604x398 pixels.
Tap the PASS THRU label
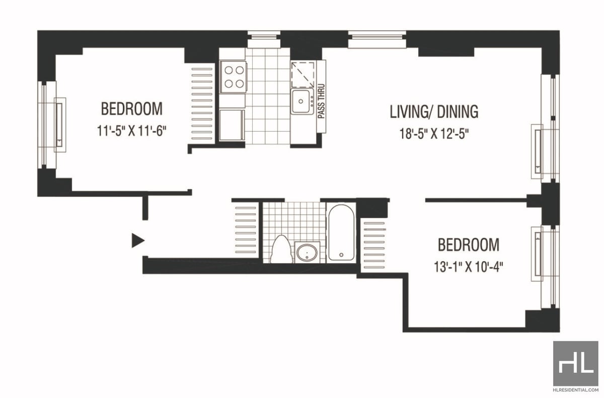pyautogui.click(x=321, y=101)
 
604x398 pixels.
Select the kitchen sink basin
pyautogui.click(x=300, y=101)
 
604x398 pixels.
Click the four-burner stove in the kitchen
pyautogui.click(x=233, y=77)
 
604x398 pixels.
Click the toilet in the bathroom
pyautogui.click(x=281, y=249)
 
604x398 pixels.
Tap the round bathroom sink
pyautogui.click(x=307, y=253)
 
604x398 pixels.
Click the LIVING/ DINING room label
pyautogui.click(x=434, y=112)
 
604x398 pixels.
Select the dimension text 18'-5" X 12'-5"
pyautogui.click(x=434, y=134)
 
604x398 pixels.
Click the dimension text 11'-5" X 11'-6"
pyautogui.click(x=131, y=131)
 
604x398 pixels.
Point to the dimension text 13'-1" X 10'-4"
pyautogui.click(x=469, y=267)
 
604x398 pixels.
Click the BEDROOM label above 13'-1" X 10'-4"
pyautogui.click(x=469, y=245)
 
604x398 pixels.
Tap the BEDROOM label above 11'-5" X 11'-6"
pyautogui.click(x=132, y=109)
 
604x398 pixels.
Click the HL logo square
pyautogui.click(x=576, y=363)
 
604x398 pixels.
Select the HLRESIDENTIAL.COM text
pyautogui.click(x=576, y=389)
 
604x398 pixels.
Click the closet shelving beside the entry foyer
pyautogui.click(x=246, y=230)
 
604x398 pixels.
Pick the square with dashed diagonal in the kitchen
pyautogui.click(x=303, y=74)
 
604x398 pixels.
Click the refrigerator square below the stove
pyautogui.click(x=232, y=125)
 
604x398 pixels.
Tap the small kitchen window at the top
pyautogui.click(x=264, y=39)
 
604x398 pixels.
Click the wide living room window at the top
pyautogui.click(x=377, y=39)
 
